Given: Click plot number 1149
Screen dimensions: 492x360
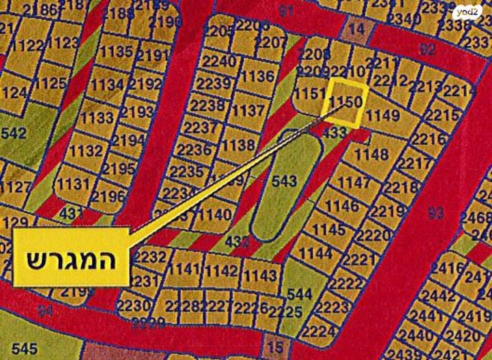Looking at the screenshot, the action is pos(384,115).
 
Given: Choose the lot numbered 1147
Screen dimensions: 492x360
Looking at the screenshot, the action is pos(355,183).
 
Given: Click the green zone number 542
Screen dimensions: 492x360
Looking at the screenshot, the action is pos(13,133).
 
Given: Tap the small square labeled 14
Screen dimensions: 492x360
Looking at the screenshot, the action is pos(356,28).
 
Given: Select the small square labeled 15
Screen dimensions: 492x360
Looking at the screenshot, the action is pos(275,347).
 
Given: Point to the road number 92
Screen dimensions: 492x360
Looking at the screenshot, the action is pos(427,50).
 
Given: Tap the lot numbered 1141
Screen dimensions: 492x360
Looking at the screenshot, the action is pos(185,270).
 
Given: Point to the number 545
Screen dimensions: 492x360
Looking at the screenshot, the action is pos(24,349).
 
